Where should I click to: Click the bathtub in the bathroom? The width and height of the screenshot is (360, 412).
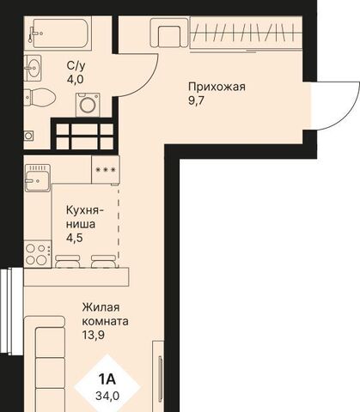(x=59, y=33)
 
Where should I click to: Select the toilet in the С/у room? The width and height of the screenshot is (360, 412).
(x=40, y=97)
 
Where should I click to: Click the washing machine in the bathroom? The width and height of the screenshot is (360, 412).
(x=88, y=105)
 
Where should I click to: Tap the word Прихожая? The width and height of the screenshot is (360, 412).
(x=217, y=87)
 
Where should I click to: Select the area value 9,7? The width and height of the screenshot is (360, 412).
(x=196, y=100)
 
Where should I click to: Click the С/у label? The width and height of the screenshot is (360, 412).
(x=76, y=66)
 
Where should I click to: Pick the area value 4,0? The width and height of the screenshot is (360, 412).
(x=75, y=80)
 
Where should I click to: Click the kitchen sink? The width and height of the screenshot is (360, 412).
(x=38, y=178)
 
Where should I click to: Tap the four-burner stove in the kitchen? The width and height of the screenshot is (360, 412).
(x=38, y=254)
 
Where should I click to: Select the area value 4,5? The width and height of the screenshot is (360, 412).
(x=75, y=238)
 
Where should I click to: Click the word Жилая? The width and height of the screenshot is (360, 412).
(x=101, y=308)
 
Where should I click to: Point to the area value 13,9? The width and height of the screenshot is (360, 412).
(x=94, y=335)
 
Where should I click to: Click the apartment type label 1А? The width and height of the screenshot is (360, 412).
(x=107, y=379)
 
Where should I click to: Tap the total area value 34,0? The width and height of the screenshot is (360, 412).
(x=107, y=396)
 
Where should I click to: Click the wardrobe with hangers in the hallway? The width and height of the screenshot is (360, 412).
(x=246, y=33)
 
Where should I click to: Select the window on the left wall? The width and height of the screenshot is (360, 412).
(x=11, y=312)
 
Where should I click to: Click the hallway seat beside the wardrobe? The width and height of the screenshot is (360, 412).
(x=169, y=33)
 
